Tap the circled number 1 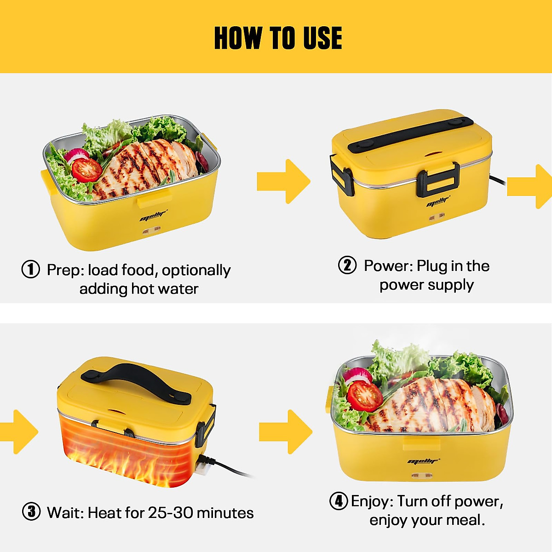click(31, 269)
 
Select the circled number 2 click(347, 265)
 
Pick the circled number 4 click(339, 500)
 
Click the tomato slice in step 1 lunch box click(86, 170)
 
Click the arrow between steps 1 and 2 click(283, 181)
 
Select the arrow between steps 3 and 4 click(285, 431)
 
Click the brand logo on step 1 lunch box click(154, 215)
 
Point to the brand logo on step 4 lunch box click(423, 461)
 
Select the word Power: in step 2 click(388, 266)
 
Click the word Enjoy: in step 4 click(372, 501)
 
